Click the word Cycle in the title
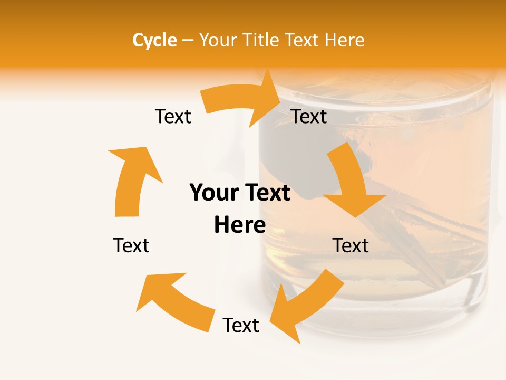pos(154,40)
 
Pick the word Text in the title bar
pos(301,40)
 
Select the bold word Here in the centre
pos(240,225)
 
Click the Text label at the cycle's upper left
pos(173,116)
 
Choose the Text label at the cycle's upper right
pos(309,116)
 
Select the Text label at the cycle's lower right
pos(351,245)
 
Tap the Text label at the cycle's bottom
pos(241,325)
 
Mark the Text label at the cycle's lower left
pos(131,245)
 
